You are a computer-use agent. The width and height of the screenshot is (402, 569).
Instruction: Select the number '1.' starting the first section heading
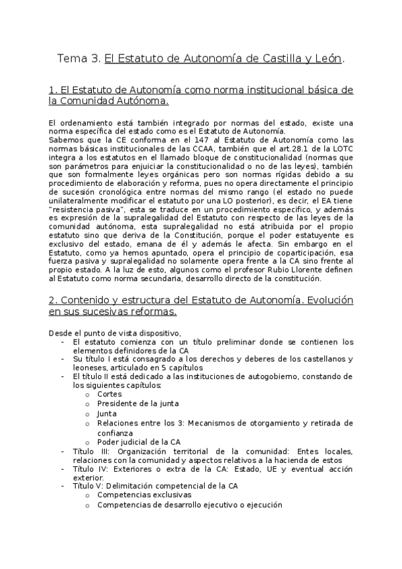pyautogui.click(x=53, y=90)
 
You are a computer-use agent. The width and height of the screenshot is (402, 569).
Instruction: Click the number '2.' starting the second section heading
pyautogui.click(x=53, y=300)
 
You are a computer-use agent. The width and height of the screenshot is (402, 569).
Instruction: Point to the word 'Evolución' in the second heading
pyautogui.click(x=326, y=300)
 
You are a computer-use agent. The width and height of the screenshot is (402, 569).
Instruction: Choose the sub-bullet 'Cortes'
pyautogui.click(x=109, y=394)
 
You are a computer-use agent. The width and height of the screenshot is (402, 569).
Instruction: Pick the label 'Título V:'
pyautogui.click(x=90, y=486)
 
